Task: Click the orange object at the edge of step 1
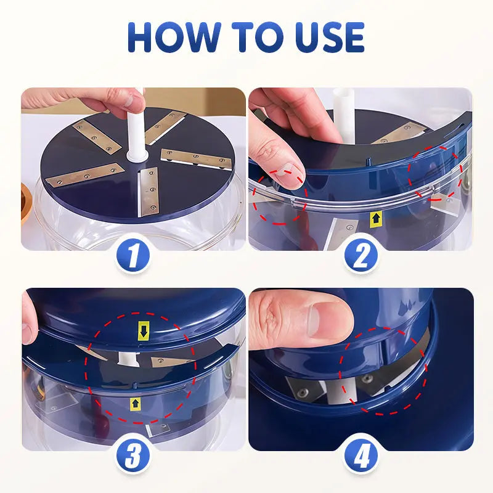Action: (x=26, y=201)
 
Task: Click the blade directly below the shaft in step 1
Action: (x=147, y=193)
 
